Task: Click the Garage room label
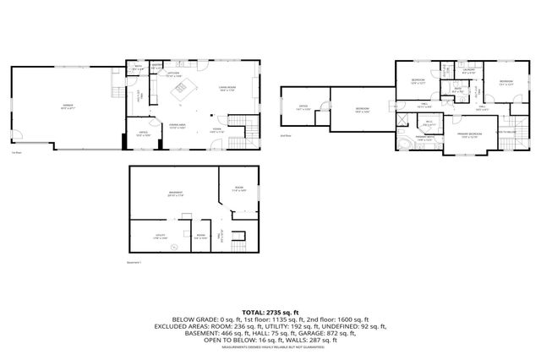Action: [65, 106]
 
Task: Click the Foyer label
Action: [217, 129]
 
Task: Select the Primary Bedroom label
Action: [470, 134]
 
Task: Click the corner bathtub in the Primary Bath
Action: [409, 145]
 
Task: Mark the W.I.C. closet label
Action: [429, 124]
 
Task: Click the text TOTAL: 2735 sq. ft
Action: [270, 312]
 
